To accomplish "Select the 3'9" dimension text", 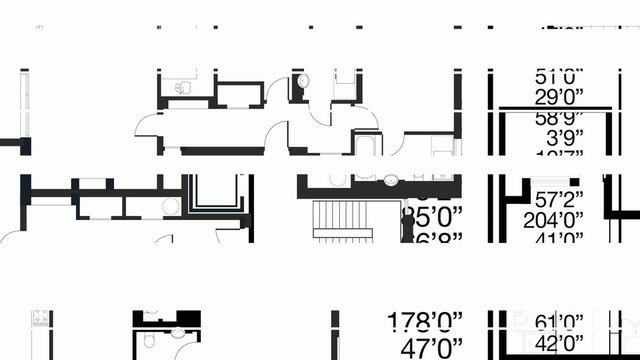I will tap(558, 136).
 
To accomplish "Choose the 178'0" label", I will tap(426, 321).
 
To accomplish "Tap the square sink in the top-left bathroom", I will tap(181, 88).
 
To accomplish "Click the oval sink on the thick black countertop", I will tap(391, 180).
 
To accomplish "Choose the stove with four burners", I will tap(41, 320).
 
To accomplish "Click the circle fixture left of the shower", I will tap(170, 206).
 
